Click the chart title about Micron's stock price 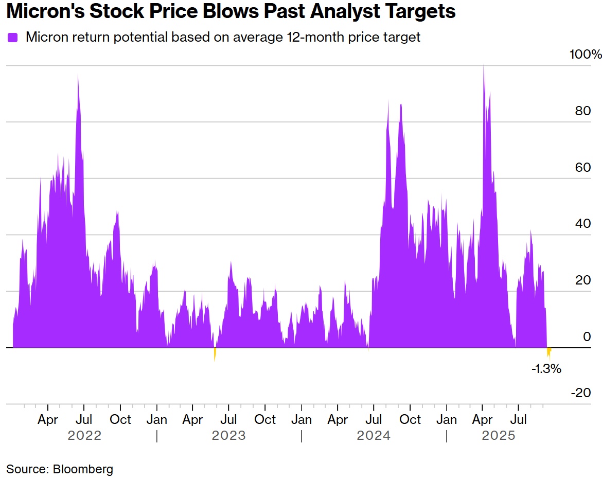pyautogui.click(x=231, y=11)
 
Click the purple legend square pyautogui.click(x=12, y=38)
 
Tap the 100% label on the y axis pyautogui.click(x=585, y=55)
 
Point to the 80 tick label pyautogui.click(x=583, y=111)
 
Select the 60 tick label pyautogui.click(x=583, y=168)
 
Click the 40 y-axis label pyautogui.click(x=583, y=224)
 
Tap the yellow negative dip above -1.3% pyautogui.click(x=549, y=352)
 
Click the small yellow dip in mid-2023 pyautogui.click(x=215, y=353)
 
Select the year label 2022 pyautogui.click(x=84, y=436)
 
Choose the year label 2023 pyautogui.click(x=229, y=436)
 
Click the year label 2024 pyautogui.click(x=374, y=436)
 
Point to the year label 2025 pyautogui.click(x=498, y=436)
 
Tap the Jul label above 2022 pyautogui.click(x=84, y=419)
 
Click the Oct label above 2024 pyautogui.click(x=410, y=419)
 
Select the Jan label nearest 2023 pyautogui.click(x=156, y=419)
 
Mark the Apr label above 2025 pyautogui.click(x=482, y=419)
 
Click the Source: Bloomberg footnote pyautogui.click(x=60, y=469)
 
